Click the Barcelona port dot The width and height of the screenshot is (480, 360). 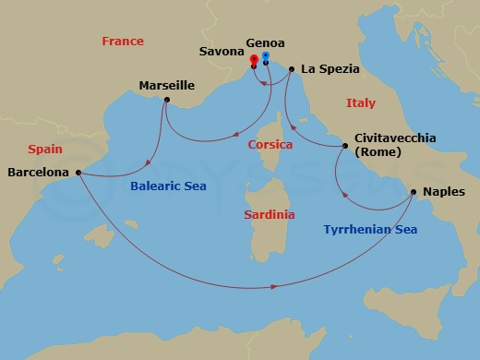point(78,172)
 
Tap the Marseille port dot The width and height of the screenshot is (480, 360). point(166,100)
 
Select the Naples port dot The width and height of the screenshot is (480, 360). point(413,193)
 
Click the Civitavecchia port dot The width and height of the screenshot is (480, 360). point(345,146)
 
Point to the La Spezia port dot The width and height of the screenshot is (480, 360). point(292,69)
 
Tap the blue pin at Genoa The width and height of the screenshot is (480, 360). point(265,58)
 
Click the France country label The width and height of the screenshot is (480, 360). point(122,42)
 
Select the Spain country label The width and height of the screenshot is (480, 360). point(45,149)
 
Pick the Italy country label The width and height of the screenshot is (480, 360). point(361,103)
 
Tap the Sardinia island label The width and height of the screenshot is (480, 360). point(269,214)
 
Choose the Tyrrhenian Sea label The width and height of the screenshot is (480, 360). point(370,229)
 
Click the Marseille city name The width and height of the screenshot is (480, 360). point(166,85)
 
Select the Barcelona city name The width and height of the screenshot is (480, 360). point(38,172)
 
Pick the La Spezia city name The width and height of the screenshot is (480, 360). point(330,68)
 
